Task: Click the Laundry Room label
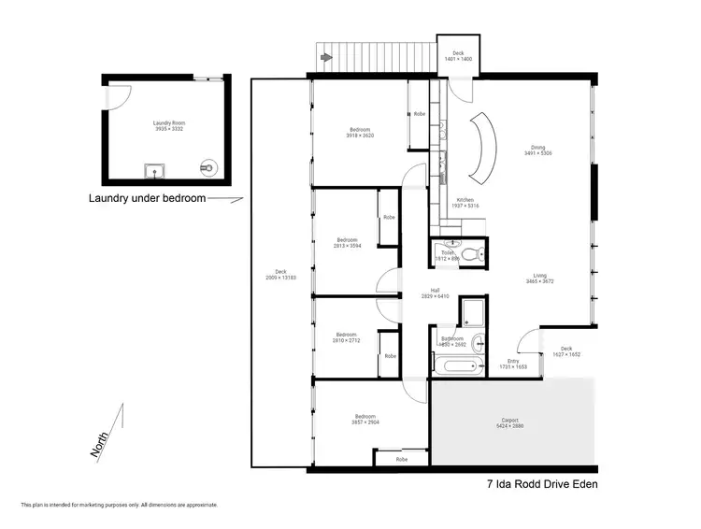[x=168, y=126]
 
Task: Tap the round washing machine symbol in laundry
[x=207, y=167]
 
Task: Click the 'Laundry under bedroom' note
[x=147, y=198]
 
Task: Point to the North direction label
[x=99, y=440]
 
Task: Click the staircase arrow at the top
[x=325, y=58]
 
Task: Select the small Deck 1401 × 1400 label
[x=458, y=56]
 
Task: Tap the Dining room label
[x=537, y=150]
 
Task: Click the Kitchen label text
[x=465, y=203]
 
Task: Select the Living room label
[x=540, y=278]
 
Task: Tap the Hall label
[x=436, y=293]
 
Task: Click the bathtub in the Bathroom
[x=457, y=365]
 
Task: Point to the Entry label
[x=513, y=364]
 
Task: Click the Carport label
[x=509, y=423]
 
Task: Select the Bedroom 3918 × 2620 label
[x=360, y=133]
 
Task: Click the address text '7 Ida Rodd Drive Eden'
[x=541, y=484]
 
